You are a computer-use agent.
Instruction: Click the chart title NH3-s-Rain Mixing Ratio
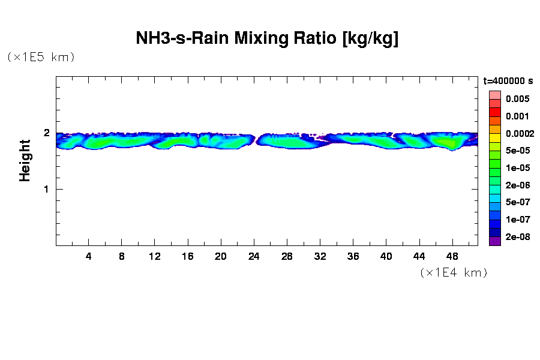point(267,39)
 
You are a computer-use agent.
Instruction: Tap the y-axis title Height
point(25,160)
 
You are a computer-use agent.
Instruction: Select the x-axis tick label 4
point(89,256)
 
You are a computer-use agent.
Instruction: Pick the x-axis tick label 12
point(155,256)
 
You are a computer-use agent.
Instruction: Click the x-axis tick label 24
point(254,256)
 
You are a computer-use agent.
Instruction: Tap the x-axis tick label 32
point(320,256)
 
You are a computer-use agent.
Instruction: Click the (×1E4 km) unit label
point(453,272)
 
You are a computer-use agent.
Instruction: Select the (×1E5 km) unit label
point(41,57)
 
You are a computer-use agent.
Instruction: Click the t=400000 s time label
point(508,81)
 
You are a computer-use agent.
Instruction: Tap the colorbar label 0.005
point(517,99)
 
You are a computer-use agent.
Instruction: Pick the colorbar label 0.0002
point(520,133)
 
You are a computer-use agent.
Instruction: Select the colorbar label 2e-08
point(517,237)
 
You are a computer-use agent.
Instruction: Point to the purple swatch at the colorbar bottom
point(494,242)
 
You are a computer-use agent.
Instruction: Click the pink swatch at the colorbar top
point(494,95)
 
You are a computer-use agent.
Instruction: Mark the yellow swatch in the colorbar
point(494,137)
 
